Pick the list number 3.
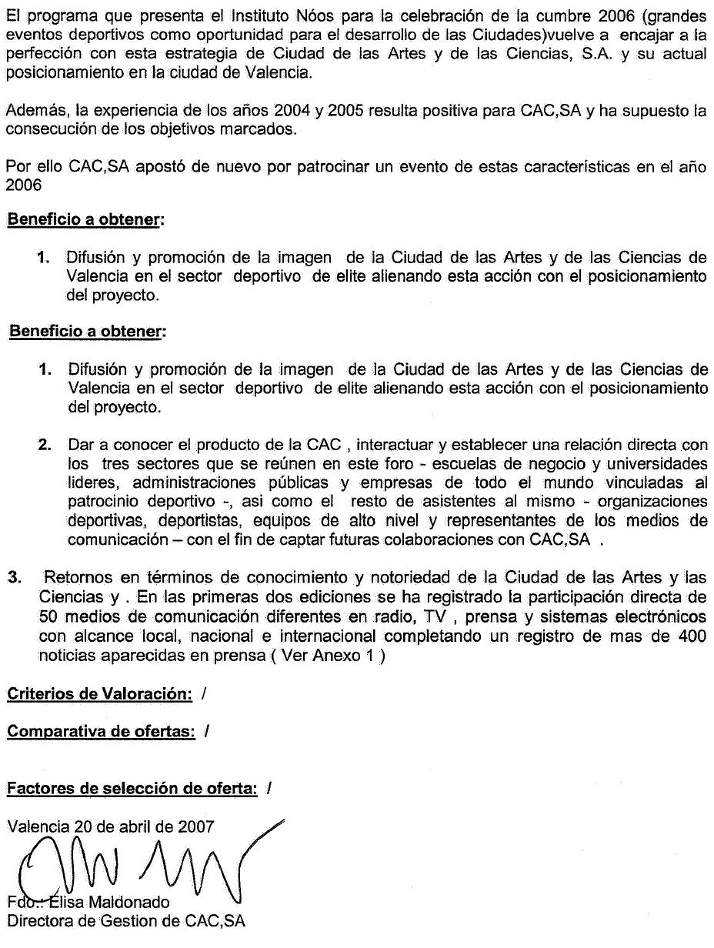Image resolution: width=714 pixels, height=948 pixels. [13, 577]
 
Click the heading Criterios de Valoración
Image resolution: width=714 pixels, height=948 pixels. [99, 694]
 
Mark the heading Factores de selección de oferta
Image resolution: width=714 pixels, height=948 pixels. [132, 789]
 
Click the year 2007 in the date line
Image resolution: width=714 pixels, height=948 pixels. [196, 827]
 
